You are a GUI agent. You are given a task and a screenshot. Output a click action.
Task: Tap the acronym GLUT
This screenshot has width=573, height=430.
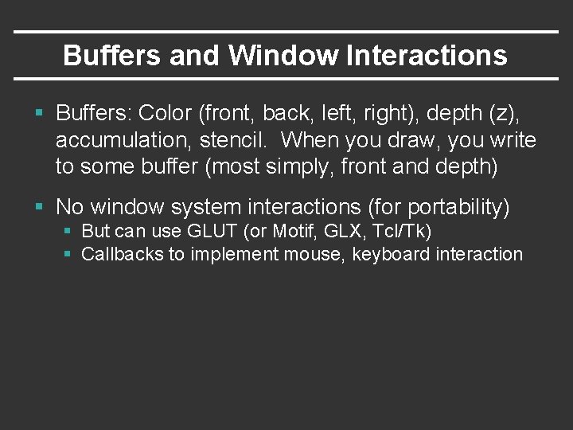pos(209,233)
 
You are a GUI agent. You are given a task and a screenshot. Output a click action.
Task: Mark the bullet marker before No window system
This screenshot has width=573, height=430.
pos(40,207)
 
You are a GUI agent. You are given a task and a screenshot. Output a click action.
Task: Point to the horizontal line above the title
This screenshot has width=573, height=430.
pos(286,32)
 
